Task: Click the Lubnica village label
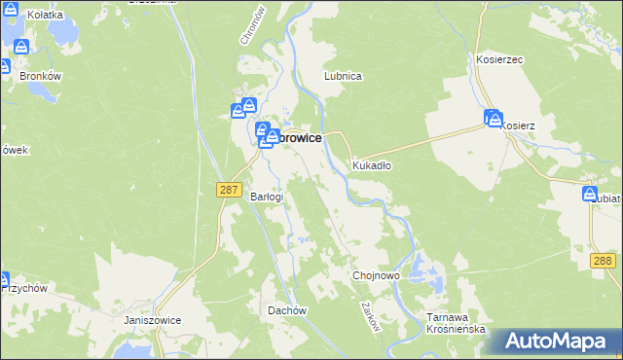coord(344,76)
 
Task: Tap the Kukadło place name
coord(371,165)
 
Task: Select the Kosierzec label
coord(499,59)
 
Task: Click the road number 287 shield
coord(229,191)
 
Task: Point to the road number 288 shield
coord(604,261)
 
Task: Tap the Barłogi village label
coord(267,197)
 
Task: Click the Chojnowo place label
coord(376,276)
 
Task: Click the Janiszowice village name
coord(153,319)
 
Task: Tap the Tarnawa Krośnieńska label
coord(456,323)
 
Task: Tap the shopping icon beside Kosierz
coord(493,118)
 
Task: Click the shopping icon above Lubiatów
coord(590,195)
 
